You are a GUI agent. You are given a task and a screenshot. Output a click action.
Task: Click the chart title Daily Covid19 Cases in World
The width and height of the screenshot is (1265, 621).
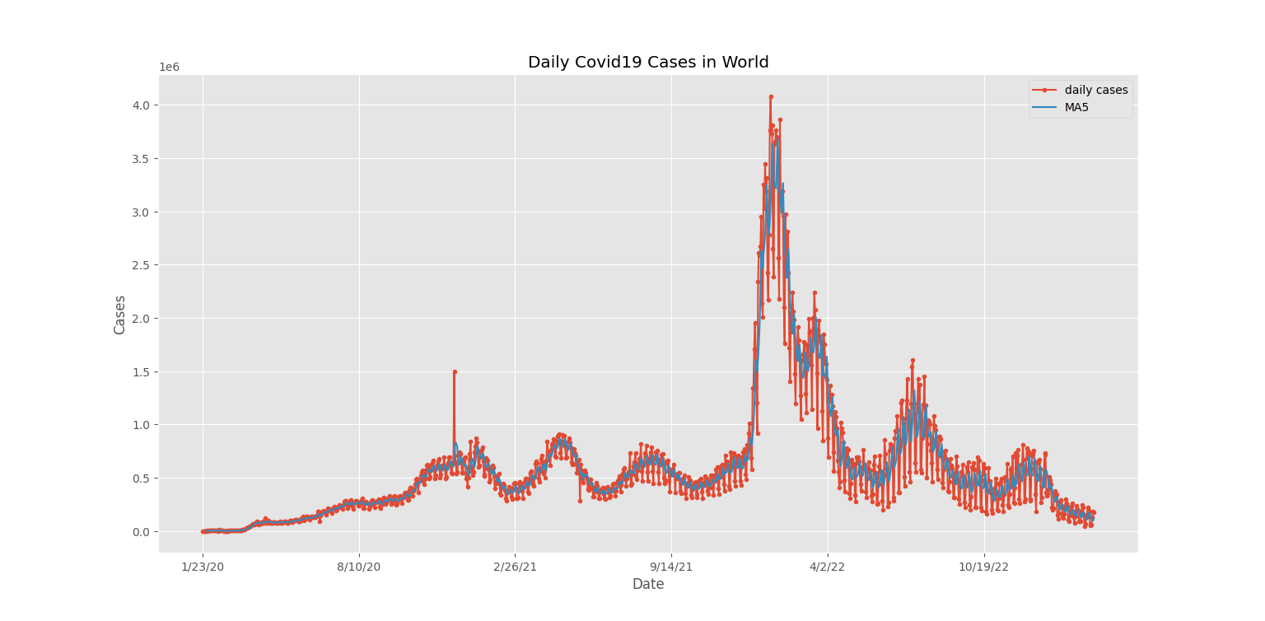(x=648, y=63)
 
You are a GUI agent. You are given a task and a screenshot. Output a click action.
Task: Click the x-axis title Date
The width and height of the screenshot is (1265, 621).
(x=648, y=584)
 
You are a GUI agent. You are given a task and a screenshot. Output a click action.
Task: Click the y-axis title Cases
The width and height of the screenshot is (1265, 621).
(x=120, y=315)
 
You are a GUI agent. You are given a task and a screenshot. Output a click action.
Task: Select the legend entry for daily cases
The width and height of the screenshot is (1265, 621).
(x=1095, y=90)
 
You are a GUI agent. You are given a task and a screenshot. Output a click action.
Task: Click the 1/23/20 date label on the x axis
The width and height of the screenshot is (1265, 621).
(x=203, y=567)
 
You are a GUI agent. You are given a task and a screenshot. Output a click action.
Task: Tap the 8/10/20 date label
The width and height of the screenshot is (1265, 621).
(x=359, y=567)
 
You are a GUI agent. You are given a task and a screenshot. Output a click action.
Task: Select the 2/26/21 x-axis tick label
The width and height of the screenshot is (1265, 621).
(x=516, y=567)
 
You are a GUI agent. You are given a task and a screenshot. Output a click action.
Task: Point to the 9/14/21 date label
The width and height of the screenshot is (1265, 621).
(x=671, y=567)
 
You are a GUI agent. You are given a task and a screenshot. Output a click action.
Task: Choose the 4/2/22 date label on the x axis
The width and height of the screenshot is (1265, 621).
(x=828, y=567)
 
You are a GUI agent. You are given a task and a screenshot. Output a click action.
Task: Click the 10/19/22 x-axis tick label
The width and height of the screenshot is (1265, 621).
(x=984, y=567)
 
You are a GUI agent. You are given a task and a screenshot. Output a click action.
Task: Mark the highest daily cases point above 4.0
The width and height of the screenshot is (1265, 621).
(x=771, y=96)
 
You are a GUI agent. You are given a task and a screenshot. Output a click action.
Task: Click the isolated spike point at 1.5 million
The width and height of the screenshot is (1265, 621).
(x=455, y=371)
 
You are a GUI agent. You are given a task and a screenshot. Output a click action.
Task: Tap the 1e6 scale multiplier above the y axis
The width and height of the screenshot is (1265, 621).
(x=169, y=68)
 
